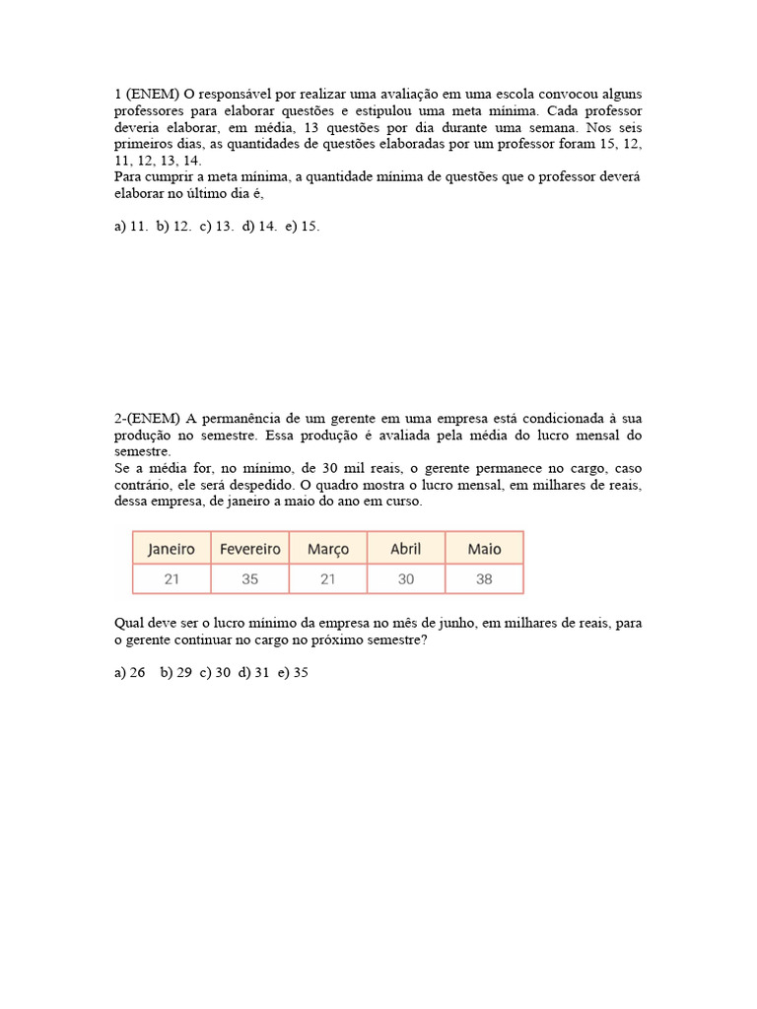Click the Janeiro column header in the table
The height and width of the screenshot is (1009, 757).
[172, 549]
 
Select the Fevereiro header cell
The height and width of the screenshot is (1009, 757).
[249, 549]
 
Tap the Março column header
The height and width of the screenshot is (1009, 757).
[328, 549]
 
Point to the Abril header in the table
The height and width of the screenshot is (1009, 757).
[406, 549]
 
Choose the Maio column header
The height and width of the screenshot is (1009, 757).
[484, 549]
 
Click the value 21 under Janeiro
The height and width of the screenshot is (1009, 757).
[172, 579]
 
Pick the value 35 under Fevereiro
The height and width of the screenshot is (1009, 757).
[249, 579]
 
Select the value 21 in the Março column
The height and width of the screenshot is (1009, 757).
[328, 579]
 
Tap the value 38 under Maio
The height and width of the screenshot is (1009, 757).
[484, 579]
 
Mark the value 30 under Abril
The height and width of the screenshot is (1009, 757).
[406, 579]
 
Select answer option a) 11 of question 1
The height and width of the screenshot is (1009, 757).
[131, 227]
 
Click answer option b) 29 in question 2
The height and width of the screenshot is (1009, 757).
[177, 673]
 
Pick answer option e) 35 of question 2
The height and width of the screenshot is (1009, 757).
[293, 673]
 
